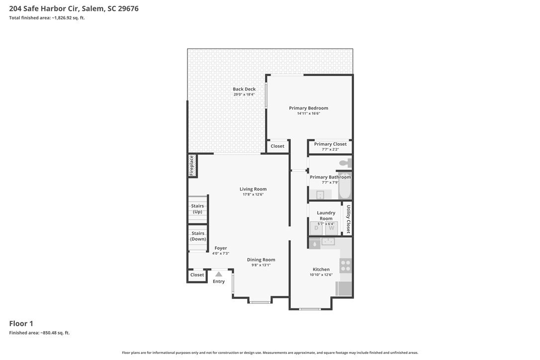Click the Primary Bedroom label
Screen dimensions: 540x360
308,108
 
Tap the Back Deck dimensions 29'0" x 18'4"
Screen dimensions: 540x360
244,94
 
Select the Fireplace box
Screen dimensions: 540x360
192,166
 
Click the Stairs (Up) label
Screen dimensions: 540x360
198,209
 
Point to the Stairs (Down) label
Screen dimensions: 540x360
198,236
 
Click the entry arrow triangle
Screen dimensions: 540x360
219,274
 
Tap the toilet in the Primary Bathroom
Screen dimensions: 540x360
345,163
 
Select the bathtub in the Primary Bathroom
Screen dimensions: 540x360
345,185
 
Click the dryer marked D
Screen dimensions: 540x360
316,228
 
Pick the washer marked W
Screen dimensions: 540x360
331,228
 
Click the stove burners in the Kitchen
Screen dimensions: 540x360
346,266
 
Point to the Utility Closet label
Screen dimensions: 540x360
348,219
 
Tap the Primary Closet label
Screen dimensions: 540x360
330,144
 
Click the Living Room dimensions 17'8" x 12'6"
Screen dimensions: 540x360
253,194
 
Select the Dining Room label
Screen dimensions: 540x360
261,260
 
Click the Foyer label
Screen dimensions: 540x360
221,248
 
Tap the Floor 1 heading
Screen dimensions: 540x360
21,324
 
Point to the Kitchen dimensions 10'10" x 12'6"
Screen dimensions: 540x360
321,275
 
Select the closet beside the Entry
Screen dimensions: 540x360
197,275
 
